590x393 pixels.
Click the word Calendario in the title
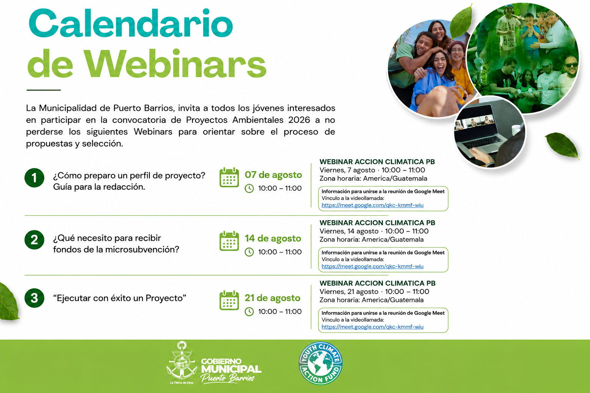pyautogui.click(x=131, y=24)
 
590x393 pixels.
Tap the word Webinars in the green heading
pyautogui.click(x=175, y=64)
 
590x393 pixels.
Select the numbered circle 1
pyautogui.click(x=34, y=178)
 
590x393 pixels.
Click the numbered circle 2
pyautogui.click(x=34, y=239)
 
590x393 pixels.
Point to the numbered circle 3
pyautogui.click(x=34, y=298)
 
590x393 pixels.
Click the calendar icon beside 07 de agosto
pyautogui.click(x=229, y=177)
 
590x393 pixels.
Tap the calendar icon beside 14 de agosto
pyautogui.click(x=229, y=241)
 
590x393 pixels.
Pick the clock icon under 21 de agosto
pyautogui.click(x=249, y=312)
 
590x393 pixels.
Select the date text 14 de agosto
pyautogui.click(x=273, y=238)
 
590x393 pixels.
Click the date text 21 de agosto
pyautogui.click(x=272, y=298)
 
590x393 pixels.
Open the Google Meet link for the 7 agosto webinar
pyautogui.click(x=373, y=205)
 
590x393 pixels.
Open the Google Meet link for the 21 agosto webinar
pyautogui.click(x=373, y=327)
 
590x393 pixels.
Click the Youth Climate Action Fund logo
pyautogui.click(x=321, y=363)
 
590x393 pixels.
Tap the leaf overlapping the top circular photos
pyautogui.click(x=461, y=22)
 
